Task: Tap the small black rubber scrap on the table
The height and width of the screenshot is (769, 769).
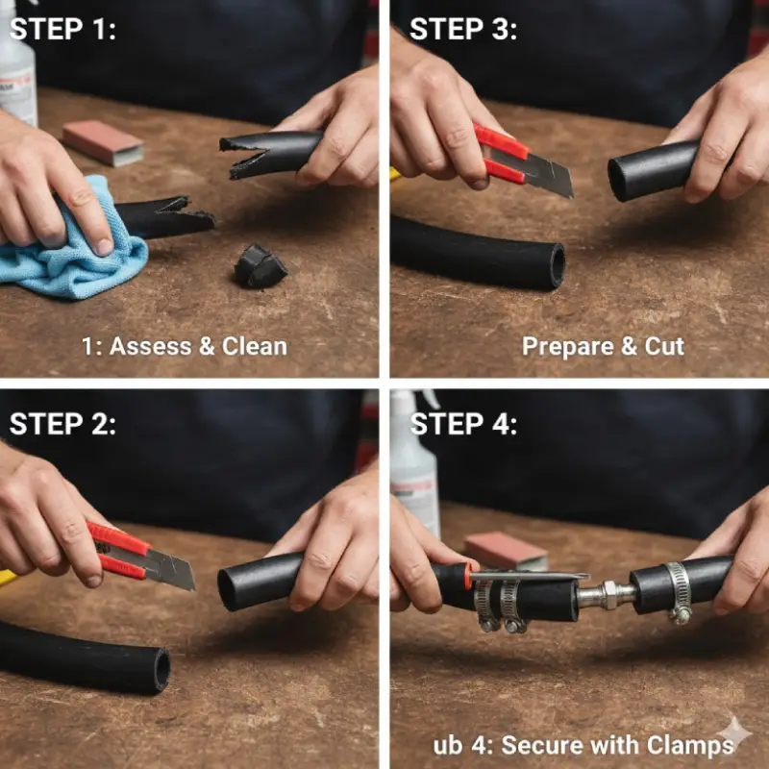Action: coord(260,266)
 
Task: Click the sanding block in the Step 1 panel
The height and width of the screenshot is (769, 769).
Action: coord(103,142)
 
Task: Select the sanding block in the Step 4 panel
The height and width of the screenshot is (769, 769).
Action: coord(506,551)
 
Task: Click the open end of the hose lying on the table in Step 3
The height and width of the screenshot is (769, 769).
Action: coord(558,266)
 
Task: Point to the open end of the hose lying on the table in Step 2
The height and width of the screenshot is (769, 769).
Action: coord(161,670)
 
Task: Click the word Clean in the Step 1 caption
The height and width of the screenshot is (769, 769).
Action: coord(254,346)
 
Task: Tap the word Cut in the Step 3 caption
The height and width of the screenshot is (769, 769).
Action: coord(664,346)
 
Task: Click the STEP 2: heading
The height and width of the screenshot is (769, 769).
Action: coord(62,424)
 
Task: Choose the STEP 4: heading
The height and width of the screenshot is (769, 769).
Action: coord(463,424)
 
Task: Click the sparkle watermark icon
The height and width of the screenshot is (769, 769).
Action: coord(735,733)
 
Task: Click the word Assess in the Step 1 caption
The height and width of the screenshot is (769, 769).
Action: coord(150,346)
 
